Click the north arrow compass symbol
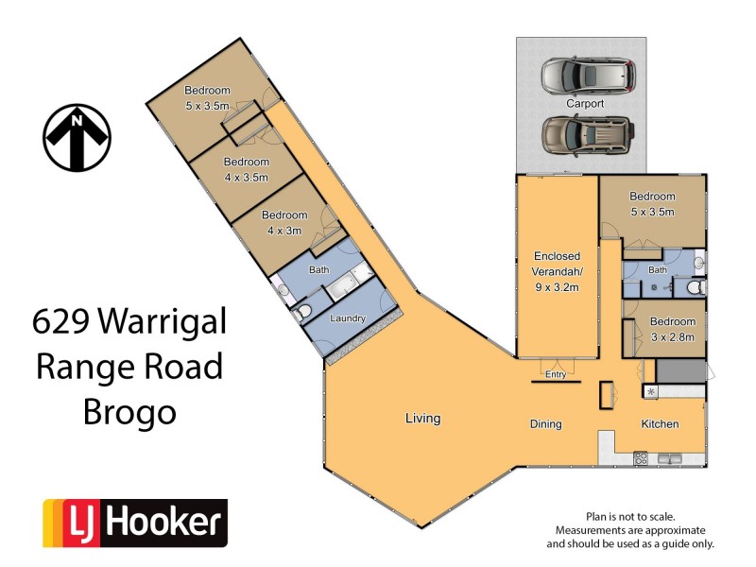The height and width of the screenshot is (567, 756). pos(77,138)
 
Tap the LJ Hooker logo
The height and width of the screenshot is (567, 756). pos(135,524)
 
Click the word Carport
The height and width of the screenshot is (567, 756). pos(584,103)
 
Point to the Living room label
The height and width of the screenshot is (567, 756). pos(422,418)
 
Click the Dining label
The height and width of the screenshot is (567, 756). pos(545,424)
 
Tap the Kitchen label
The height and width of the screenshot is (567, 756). pos(660,424)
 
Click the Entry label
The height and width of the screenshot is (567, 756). pos(556,374)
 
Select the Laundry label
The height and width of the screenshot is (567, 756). pos(347,318)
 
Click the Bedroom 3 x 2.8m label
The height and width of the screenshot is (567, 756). pos(672,328)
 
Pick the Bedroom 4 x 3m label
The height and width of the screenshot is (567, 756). pos(284,222)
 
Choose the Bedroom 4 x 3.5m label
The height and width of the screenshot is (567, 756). pos(246,169)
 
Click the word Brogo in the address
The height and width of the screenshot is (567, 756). pos(129,412)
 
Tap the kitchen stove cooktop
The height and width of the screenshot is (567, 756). pos(640,459)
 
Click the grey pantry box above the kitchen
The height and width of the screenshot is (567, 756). pos(681,370)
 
